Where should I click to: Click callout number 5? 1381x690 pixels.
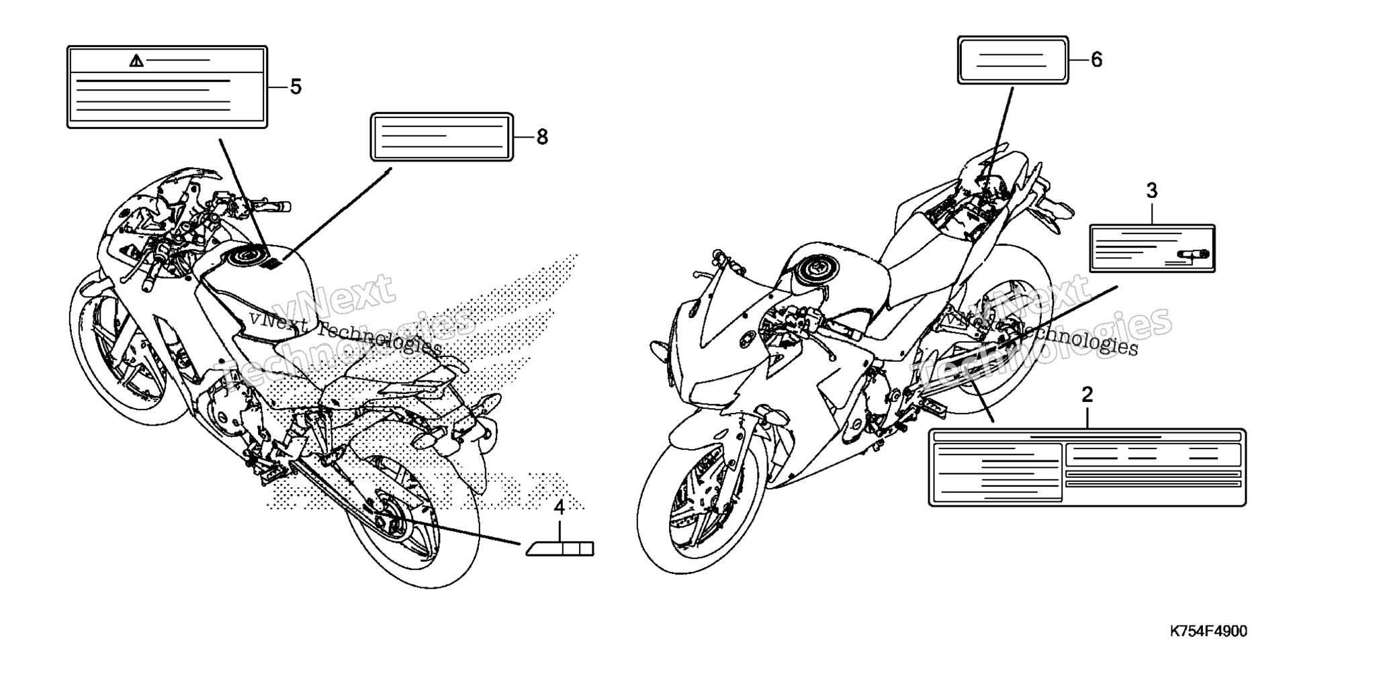click(296, 87)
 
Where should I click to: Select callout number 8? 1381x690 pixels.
click(542, 137)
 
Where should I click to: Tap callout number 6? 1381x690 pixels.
click(1096, 60)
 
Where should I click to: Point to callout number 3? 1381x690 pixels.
click(1152, 191)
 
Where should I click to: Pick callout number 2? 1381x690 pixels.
click(1087, 395)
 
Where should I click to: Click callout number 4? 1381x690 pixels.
click(560, 507)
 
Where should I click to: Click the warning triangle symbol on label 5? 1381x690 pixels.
click(137, 61)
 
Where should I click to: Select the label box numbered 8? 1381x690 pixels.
click(442, 137)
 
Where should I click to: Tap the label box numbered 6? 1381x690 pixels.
click(1013, 60)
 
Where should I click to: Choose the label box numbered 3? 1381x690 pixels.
click(1152, 248)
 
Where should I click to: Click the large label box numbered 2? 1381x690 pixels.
click(1087, 467)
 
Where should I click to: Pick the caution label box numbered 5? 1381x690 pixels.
click(167, 87)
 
